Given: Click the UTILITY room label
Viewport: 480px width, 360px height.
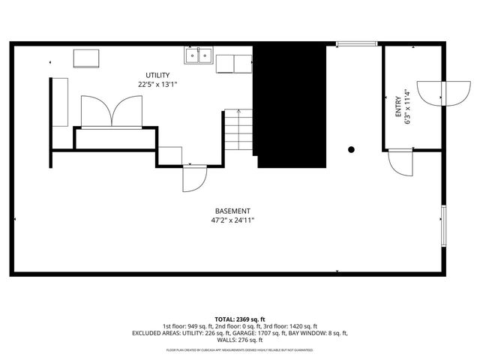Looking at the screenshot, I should click(x=157, y=75).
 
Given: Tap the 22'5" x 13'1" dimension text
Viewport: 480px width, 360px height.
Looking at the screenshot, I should click(x=157, y=85).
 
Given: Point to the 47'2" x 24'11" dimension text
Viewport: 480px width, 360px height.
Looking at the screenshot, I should click(x=232, y=221).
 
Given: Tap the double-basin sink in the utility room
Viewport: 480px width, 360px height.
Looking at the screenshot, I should click(x=199, y=55).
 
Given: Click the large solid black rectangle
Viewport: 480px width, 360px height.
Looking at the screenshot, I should click(x=290, y=105).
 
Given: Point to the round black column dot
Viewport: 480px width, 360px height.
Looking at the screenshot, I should click(x=351, y=149).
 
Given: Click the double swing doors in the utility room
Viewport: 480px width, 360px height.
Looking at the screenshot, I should click(x=111, y=112).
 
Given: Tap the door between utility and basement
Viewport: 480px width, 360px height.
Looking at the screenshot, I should click(x=193, y=178).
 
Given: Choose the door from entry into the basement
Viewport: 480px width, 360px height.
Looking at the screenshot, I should click(x=400, y=161).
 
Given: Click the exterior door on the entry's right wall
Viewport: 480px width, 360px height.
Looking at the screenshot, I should click(x=432, y=91).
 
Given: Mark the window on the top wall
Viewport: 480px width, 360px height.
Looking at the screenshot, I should click(x=356, y=43).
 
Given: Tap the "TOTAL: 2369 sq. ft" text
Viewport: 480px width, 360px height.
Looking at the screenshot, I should click(x=240, y=319).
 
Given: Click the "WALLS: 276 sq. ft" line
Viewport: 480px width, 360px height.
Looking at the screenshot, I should click(x=240, y=340).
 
